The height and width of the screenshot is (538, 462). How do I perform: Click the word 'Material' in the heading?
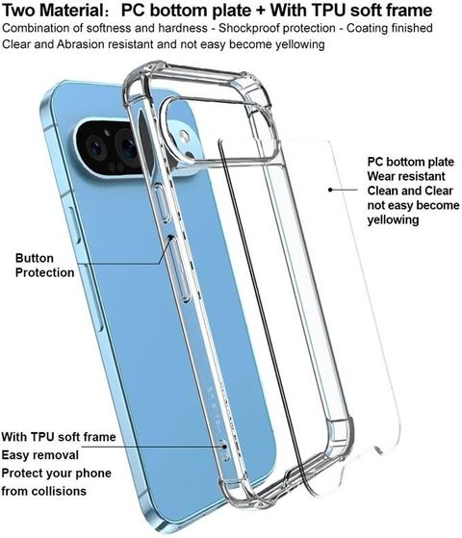72,11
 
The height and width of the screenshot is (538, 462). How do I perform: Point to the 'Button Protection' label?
44,266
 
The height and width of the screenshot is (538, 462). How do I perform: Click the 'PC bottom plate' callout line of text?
411,162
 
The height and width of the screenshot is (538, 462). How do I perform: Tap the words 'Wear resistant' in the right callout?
406,176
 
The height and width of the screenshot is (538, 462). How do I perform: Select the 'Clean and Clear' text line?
410,191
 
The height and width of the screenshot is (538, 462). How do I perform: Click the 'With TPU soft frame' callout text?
59,437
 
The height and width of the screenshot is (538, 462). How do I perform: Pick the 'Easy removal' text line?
40,455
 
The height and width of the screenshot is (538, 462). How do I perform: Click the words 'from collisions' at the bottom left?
43,491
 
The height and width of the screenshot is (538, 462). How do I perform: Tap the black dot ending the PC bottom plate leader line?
330,189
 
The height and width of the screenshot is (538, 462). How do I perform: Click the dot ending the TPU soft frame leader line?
225,447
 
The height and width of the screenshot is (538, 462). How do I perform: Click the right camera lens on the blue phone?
128,146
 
